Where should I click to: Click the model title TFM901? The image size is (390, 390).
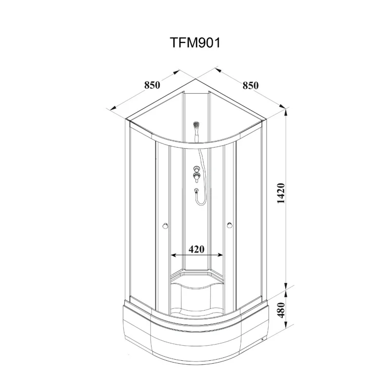point(195,43)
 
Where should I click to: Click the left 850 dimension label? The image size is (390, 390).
point(152,85)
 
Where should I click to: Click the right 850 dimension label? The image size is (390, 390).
point(251,85)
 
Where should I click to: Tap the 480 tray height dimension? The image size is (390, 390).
point(281,310)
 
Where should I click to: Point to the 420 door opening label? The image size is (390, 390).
point(196,249)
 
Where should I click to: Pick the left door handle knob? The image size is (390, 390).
point(165,226)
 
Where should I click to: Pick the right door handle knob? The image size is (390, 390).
point(230,226)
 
